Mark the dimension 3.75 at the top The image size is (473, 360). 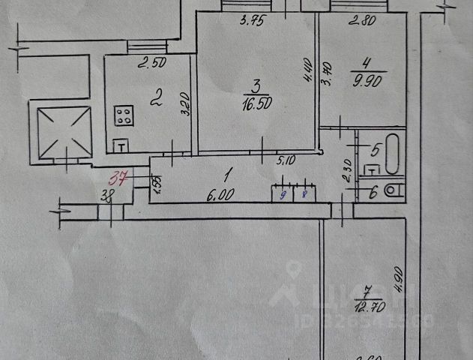[253, 21]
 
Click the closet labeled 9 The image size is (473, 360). [283, 192]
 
